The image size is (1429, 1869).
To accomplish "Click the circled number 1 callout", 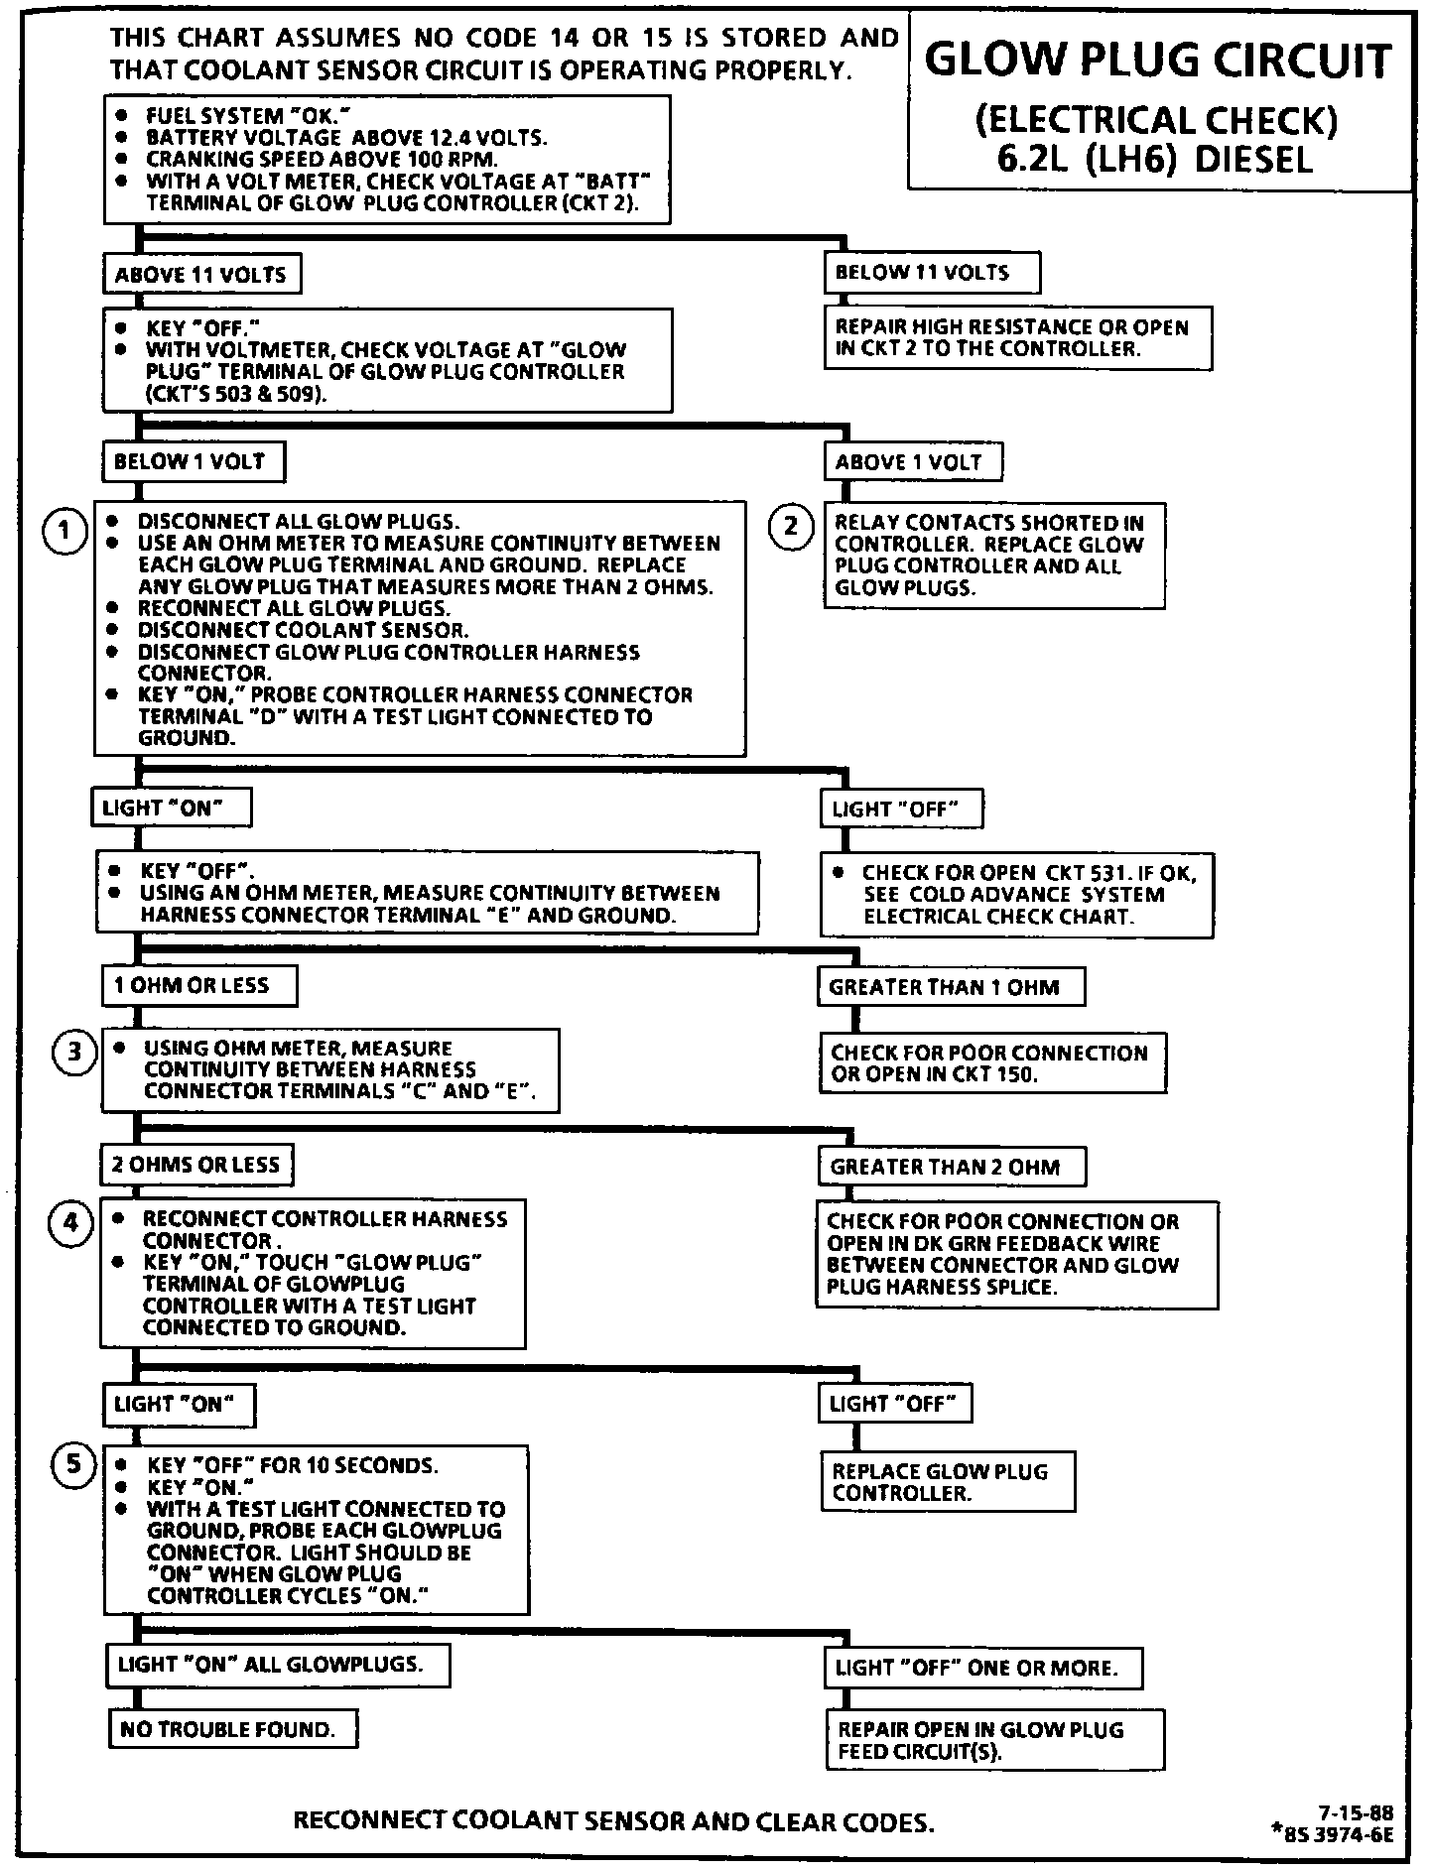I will click(64, 532).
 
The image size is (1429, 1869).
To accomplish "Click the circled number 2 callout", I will click(791, 526).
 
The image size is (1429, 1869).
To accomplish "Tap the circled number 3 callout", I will click(73, 1053).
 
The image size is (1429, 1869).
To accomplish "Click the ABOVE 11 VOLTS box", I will click(201, 275).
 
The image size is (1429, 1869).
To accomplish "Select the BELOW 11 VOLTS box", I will click(931, 273).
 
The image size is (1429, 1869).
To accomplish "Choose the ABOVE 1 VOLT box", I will click(912, 462).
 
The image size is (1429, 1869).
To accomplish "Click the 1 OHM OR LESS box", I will click(198, 986).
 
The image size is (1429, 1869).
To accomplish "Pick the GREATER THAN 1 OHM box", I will click(950, 987).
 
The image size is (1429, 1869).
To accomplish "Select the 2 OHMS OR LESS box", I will click(196, 1165).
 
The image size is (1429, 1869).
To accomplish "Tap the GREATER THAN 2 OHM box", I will click(951, 1167).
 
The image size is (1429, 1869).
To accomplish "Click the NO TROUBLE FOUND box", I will click(232, 1730).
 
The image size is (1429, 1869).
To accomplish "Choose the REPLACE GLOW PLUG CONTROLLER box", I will click(948, 1482).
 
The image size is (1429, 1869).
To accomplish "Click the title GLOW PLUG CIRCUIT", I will click(1158, 62).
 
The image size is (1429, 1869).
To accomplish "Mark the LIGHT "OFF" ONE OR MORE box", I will click(982, 1669).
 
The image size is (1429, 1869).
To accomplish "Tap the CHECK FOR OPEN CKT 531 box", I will click(1016, 895).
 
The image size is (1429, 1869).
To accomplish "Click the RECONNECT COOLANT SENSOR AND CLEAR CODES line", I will click(614, 1821).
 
